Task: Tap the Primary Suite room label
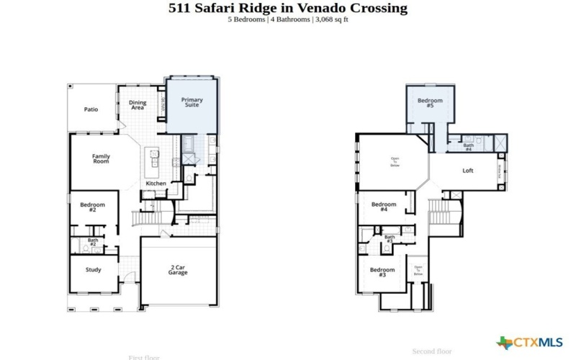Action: pyautogui.click(x=192, y=102)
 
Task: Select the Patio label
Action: pyautogui.click(x=91, y=109)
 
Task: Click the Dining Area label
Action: pyautogui.click(x=138, y=104)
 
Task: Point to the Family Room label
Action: pyautogui.click(x=101, y=158)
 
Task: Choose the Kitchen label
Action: pyautogui.click(x=156, y=184)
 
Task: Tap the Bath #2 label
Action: pyautogui.click(x=93, y=243)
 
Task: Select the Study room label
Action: pyautogui.click(x=93, y=270)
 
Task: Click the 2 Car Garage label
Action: pyautogui.click(x=178, y=270)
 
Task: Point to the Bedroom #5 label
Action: pyautogui.click(x=430, y=103)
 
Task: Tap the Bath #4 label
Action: pyautogui.click(x=468, y=147)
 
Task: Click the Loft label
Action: pyautogui.click(x=467, y=171)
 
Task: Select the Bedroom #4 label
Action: pyautogui.click(x=384, y=207)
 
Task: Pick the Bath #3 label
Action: pyautogui.click(x=390, y=238)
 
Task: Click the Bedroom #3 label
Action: pyautogui.click(x=382, y=272)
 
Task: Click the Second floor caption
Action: pyautogui.click(x=432, y=351)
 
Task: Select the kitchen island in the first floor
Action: pyautogui.click(x=153, y=162)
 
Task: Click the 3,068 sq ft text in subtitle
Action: pyautogui.click(x=332, y=19)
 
